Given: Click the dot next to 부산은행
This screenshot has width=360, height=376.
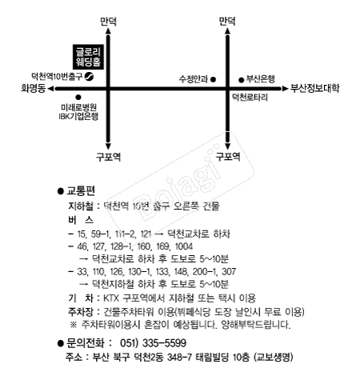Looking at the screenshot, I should click(241, 78).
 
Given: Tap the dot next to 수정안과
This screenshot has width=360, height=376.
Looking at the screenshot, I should click(214, 78).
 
